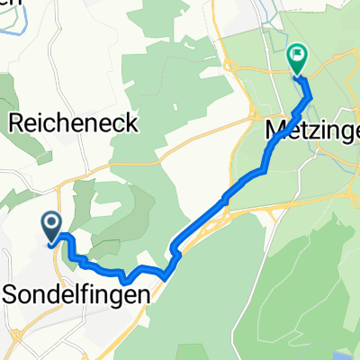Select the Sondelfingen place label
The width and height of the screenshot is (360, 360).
click(x=76, y=292)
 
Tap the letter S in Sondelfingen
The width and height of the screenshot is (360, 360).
click(x=13, y=292)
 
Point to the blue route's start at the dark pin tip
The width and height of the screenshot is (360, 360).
click(x=52, y=239)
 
